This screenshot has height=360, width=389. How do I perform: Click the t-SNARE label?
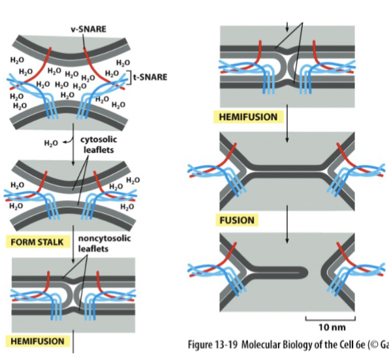pyautogui.click(x=149, y=77)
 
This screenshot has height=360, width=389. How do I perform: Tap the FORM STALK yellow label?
pyautogui.click(x=37, y=242)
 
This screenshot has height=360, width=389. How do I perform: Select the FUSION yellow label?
pyautogui.click(x=237, y=220)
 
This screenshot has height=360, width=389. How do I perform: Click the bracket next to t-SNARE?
pyautogui.click(x=130, y=77)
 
